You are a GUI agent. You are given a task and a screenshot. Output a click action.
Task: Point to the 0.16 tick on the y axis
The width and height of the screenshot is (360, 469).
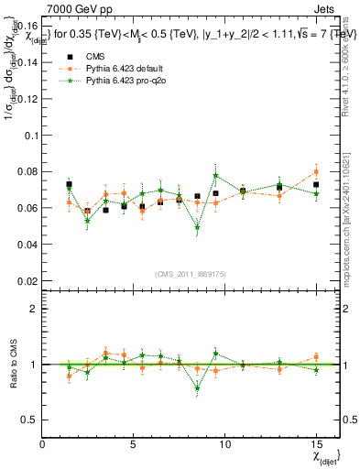[x=27, y=25]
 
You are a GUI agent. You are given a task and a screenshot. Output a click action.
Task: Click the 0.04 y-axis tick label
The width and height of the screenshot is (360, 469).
[x=27, y=245]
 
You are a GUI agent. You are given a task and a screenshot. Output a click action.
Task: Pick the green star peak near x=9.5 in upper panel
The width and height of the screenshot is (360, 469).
[x=215, y=175]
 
